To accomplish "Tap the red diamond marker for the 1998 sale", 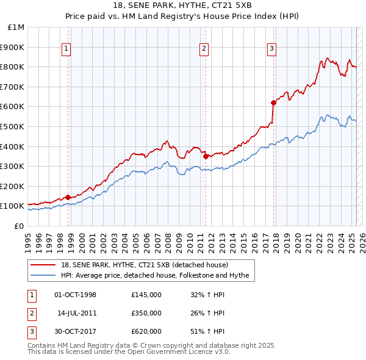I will [68, 196].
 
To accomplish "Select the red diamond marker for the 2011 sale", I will [206, 156].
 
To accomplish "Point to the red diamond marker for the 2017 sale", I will [273, 103].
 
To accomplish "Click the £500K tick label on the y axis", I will [13, 126].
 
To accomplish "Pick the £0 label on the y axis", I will [20, 226].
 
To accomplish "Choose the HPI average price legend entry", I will [154, 276].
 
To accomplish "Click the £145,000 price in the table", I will [146, 295].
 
